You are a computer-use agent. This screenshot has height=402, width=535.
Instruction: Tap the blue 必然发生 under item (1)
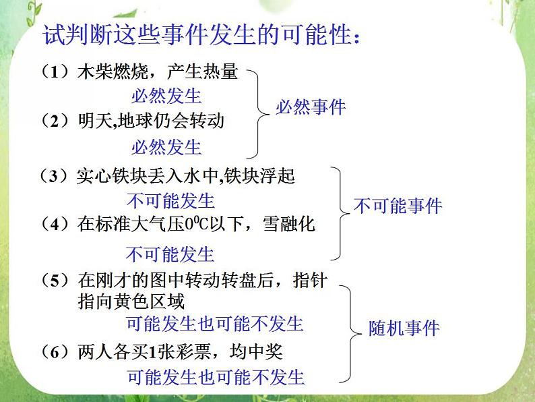click(166, 96)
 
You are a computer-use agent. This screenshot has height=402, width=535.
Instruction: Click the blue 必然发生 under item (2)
click(166, 146)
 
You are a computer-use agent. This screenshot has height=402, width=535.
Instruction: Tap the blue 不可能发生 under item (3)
click(170, 200)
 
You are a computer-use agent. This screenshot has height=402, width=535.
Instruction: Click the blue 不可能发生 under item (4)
click(170, 254)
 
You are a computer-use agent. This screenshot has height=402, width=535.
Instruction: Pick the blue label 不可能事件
click(398, 206)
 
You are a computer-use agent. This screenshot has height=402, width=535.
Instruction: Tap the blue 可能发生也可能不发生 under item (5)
click(215, 324)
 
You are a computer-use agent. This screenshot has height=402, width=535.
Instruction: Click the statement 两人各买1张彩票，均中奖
click(179, 351)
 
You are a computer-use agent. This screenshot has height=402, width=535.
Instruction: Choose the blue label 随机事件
click(404, 328)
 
